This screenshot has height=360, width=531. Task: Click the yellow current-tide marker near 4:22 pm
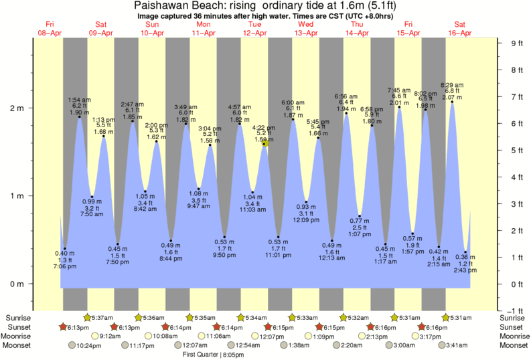[265, 143]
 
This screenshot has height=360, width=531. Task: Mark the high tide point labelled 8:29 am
[452, 102]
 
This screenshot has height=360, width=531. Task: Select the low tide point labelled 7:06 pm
[65, 249]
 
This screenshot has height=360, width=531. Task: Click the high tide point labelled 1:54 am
[80, 117]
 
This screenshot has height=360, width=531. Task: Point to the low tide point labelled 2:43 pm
[465, 252]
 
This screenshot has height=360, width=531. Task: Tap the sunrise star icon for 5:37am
[86, 317]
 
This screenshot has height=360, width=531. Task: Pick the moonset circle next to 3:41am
[431, 345]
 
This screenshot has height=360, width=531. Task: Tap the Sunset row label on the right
[513, 327]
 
